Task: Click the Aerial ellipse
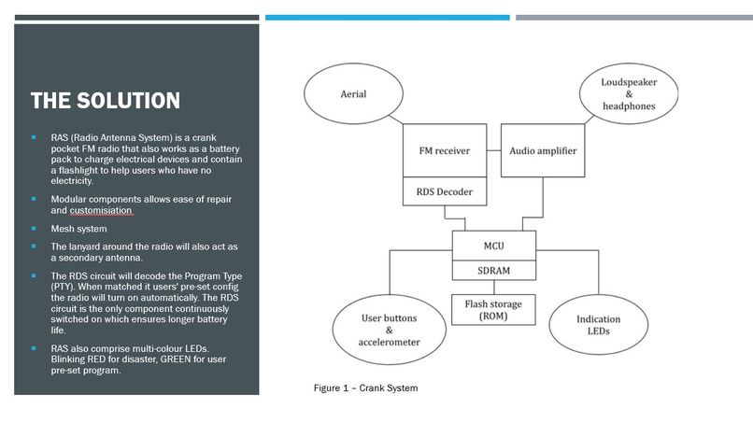point(352,94)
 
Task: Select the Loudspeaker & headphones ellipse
point(629,94)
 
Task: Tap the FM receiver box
point(444,150)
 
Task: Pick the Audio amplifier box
point(543,150)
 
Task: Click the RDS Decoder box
point(444,193)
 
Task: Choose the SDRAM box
point(494,270)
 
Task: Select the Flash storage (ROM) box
point(494,310)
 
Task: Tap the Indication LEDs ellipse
point(598,326)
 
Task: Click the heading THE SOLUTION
point(105,101)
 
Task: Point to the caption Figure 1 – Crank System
point(365,388)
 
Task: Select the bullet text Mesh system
point(78,229)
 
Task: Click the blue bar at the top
point(387,17)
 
